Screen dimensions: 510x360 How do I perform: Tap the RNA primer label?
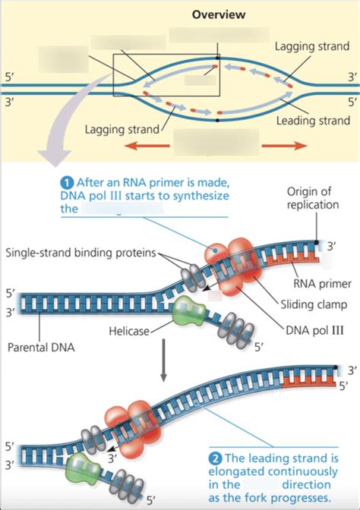[x=323, y=284]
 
